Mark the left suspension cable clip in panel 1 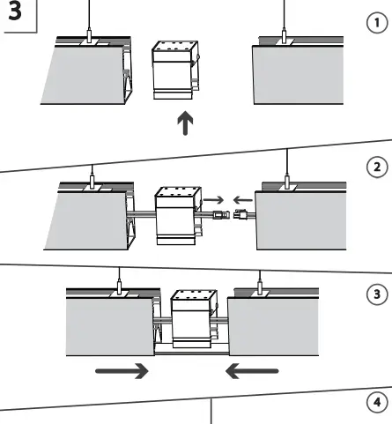(x=90, y=39)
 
